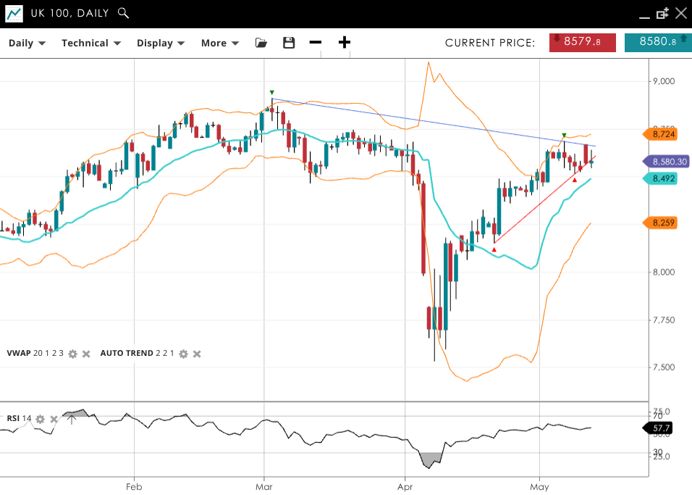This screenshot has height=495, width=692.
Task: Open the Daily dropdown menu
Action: (27, 43)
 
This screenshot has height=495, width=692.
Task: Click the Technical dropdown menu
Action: (90, 43)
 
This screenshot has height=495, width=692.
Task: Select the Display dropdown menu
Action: (161, 43)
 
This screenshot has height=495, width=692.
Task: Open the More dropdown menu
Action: (219, 43)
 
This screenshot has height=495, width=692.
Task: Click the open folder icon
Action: (261, 43)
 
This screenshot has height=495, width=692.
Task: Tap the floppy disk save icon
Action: (289, 43)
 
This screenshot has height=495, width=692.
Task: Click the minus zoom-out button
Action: (315, 43)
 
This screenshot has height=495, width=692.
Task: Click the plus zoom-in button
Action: (345, 43)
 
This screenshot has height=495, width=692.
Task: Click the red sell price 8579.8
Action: (583, 42)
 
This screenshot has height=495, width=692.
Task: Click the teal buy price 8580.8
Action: (657, 42)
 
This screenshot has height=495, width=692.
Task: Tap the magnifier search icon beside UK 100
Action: (123, 13)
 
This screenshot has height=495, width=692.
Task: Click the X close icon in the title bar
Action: (680, 13)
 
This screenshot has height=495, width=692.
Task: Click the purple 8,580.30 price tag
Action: (665, 162)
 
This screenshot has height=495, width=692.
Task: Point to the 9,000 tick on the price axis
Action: (664, 81)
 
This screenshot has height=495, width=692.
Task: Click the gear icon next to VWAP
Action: (72, 354)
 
